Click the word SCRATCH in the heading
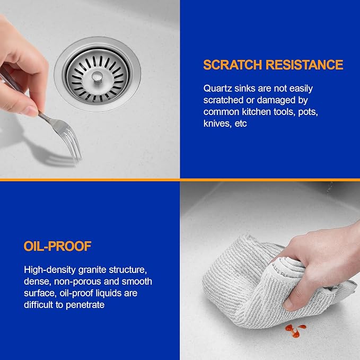tap(233, 65)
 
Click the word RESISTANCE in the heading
tap(304, 65)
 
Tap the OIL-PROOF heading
tap(58, 247)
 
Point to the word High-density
tap(50, 270)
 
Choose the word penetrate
tap(85, 305)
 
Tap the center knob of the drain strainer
tap(97, 76)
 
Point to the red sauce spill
tap(295, 330)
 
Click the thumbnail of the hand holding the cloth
tap(288, 304)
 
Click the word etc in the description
tap(241, 124)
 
